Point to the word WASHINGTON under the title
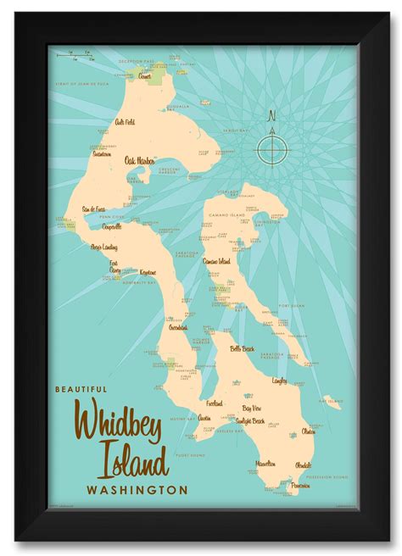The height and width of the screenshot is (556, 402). pos(136,489)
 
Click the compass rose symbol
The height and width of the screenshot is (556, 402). pos(272,150)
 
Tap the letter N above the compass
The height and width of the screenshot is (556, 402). pos(272,116)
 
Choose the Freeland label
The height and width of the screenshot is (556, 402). pos(215,403)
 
